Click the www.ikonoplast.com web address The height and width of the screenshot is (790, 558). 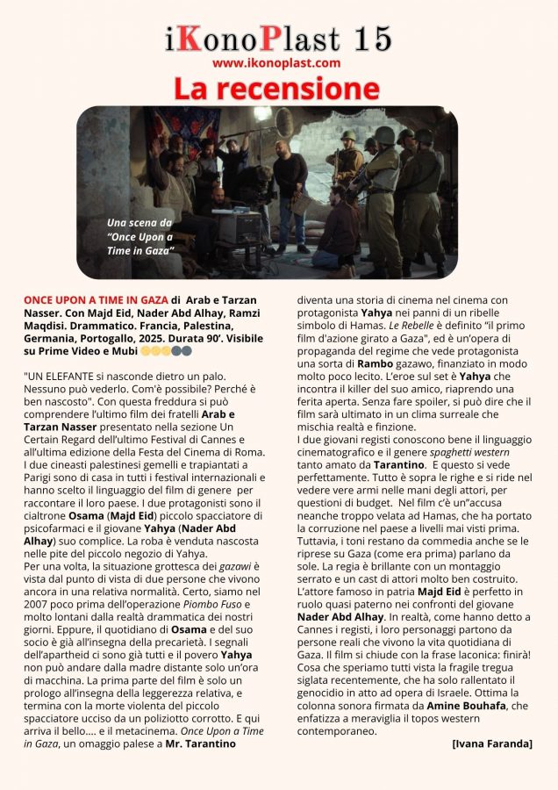pos(276,63)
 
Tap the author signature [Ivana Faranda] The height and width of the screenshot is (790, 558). pos(491,743)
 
